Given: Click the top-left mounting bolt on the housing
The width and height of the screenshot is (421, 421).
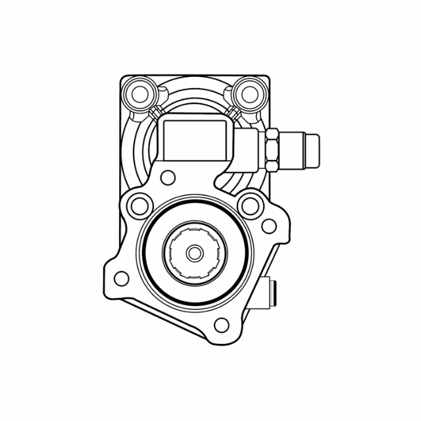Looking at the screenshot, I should (140, 92).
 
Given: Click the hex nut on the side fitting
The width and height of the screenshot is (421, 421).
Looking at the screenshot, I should (273, 151).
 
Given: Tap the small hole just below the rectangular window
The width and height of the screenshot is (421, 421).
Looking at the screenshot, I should (168, 176).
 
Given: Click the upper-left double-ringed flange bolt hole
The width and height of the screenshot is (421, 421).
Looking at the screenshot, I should (139, 205).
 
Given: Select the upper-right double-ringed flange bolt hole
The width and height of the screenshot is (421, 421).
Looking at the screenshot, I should (250, 205).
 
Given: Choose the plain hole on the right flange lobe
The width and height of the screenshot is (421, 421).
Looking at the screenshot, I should (269, 226).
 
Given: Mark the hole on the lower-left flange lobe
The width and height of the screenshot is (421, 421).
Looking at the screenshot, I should (120, 278).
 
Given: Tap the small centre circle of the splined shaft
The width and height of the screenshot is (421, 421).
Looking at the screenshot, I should (194, 253).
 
